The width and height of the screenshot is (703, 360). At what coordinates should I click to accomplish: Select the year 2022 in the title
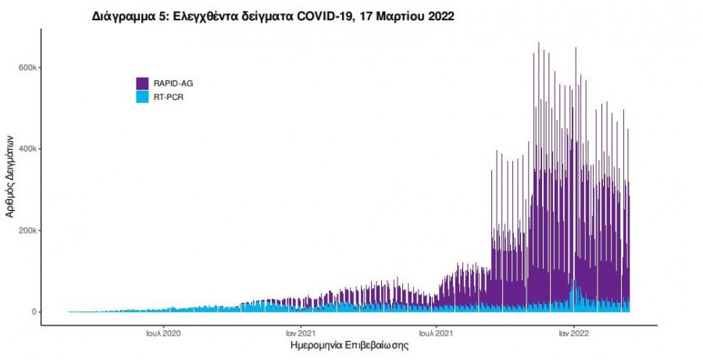(x=438, y=16)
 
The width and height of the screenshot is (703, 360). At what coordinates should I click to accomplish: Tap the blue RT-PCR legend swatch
(x=142, y=98)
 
